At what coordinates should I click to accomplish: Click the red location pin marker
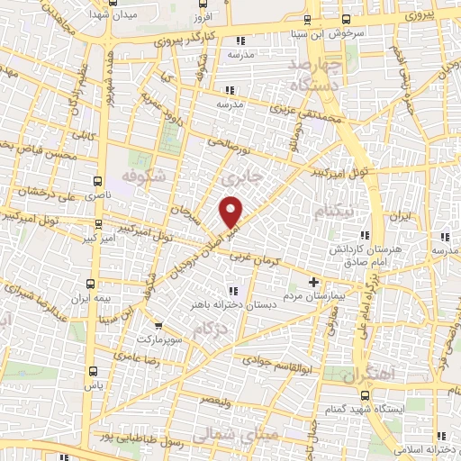click(232, 212)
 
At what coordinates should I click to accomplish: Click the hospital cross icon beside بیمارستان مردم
click(313, 282)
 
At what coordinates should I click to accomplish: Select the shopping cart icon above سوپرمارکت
click(159, 325)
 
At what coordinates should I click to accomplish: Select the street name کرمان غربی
click(257, 257)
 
